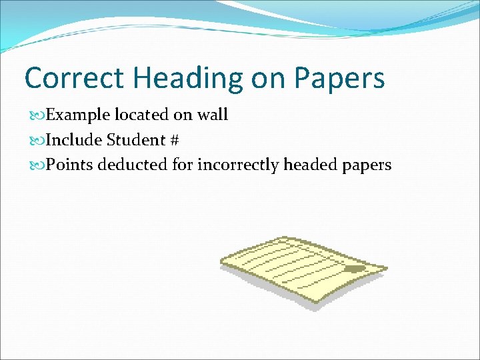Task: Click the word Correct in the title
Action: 73,78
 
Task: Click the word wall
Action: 213,115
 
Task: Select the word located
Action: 142,115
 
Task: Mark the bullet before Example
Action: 38,115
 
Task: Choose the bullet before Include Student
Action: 38,141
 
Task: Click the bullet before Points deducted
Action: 38,165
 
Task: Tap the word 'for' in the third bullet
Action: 182,165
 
